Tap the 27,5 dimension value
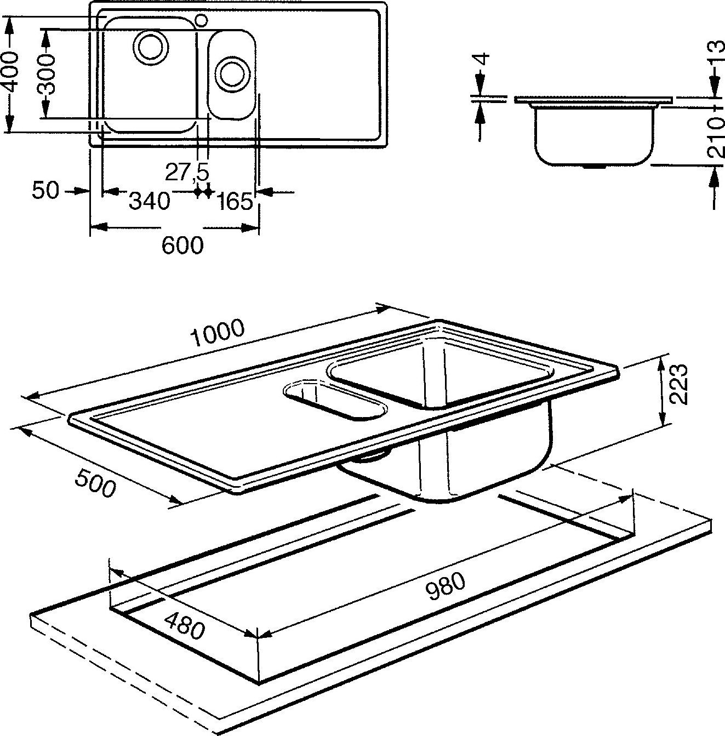pyautogui.click(x=187, y=173)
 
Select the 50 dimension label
pyautogui.click(x=45, y=191)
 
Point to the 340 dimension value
pyautogui.click(x=149, y=201)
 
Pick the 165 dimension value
pyautogui.click(x=235, y=202)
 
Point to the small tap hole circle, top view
pyautogui.click(x=201, y=21)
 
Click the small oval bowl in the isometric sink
pyautogui.click(x=335, y=401)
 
